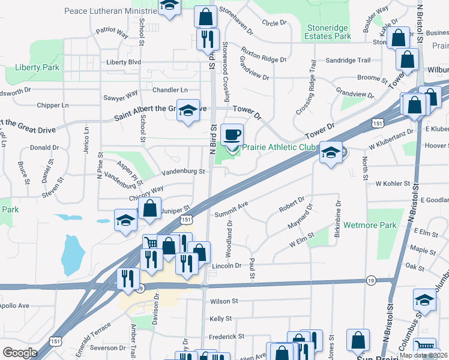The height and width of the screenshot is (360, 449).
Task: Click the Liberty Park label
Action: pos(38,68)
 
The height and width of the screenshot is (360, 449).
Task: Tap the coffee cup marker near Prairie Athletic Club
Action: pos(232,135)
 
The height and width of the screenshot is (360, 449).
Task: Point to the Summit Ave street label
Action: pos(231,208)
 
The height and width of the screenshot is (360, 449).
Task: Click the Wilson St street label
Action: pos(224,301)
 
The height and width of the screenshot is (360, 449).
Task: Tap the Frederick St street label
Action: pos(228,337)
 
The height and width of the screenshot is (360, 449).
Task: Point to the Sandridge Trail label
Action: pos(348,60)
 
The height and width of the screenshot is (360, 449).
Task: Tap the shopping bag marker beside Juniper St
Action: pos(149,209)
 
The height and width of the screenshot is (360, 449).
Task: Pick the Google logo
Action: pos(20,353)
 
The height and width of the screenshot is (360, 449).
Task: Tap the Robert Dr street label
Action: pos(292,204)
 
